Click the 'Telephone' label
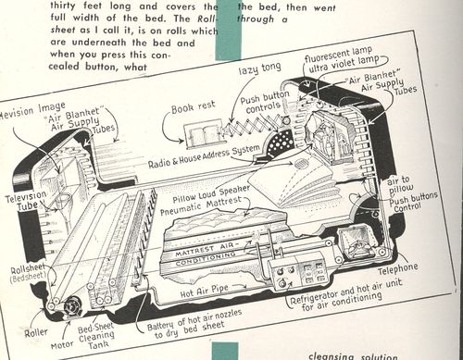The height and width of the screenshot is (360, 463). (x=397, y=267)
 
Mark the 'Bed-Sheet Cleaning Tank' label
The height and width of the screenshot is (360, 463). (x=119, y=331)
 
